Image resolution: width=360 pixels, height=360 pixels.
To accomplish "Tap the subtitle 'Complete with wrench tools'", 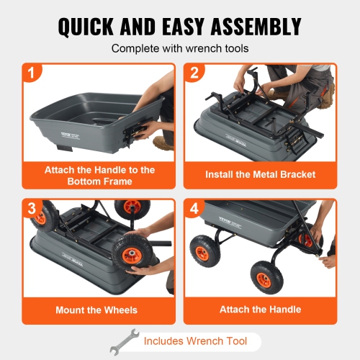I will (x=179, y=50).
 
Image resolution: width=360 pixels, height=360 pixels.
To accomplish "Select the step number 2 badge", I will (x=194, y=73).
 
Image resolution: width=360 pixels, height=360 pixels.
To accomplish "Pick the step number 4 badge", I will (x=194, y=208).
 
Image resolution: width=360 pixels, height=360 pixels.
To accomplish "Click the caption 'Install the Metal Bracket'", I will (x=260, y=174).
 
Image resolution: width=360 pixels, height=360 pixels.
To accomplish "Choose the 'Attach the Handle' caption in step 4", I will (x=260, y=310).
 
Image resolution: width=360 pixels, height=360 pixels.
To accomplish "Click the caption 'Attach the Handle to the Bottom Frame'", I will (x=98, y=175).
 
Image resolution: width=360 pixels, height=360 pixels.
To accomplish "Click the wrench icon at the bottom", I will (x=123, y=341).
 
